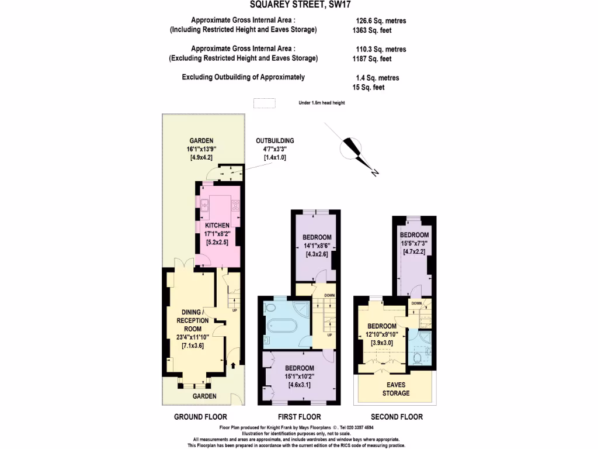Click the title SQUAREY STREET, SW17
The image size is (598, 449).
(x=298, y=6)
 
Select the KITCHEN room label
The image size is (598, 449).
(x=217, y=225)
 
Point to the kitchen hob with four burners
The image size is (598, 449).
(x=236, y=205)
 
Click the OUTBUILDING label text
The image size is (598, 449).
(x=274, y=141)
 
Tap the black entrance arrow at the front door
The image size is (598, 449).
(x=234, y=366)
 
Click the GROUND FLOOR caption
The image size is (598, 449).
(x=200, y=417)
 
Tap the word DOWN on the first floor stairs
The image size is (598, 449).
(x=329, y=295)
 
